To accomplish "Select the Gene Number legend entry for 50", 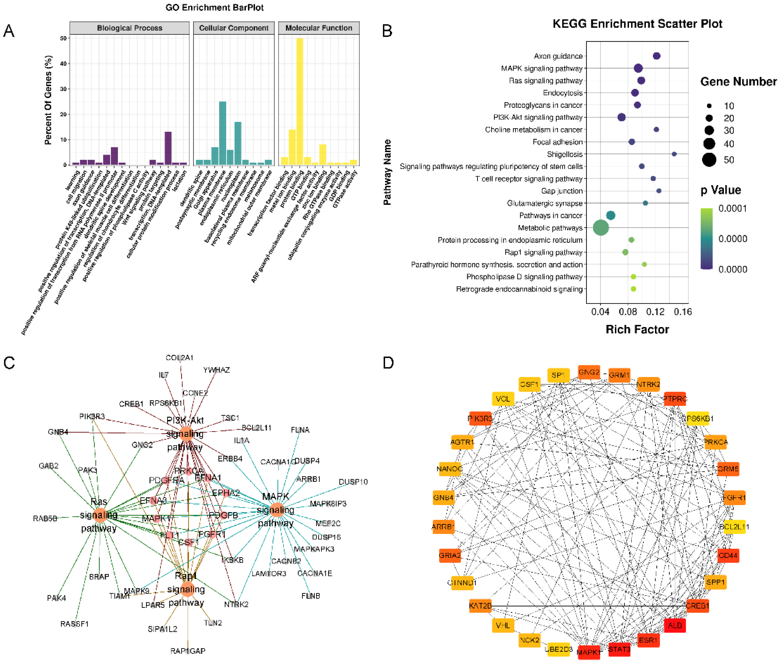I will point(709,160).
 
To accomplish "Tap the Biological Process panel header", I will point(129,28).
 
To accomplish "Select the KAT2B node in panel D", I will point(480,606).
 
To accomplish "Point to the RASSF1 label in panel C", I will point(75,624).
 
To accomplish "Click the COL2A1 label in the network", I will point(179,358).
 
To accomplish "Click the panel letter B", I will point(387,31).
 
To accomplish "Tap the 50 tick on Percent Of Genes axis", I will point(63,38).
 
